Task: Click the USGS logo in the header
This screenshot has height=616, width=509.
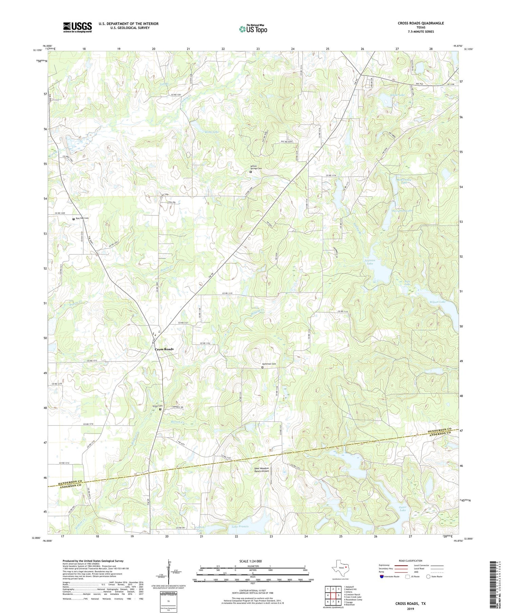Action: [x=77, y=27]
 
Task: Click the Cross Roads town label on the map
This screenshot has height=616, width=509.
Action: [x=164, y=349]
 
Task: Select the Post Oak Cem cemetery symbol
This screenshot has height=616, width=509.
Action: [x=74, y=219]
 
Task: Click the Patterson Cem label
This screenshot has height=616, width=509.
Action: [x=269, y=364]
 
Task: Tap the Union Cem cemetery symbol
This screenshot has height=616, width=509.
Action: [x=161, y=409]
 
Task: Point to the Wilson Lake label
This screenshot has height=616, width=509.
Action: [x=437, y=302]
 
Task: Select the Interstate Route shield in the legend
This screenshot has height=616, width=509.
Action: [x=382, y=577]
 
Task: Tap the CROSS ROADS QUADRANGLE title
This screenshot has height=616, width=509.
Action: [x=421, y=23]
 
